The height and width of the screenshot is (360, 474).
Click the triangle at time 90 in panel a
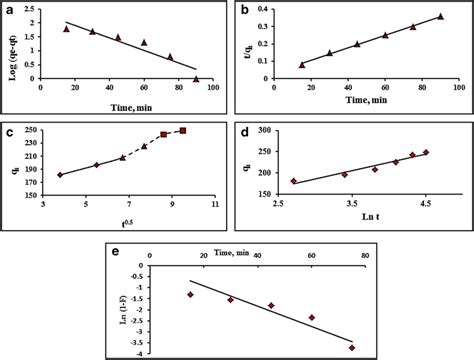click(197, 77)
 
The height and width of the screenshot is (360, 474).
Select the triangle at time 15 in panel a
click(67, 29)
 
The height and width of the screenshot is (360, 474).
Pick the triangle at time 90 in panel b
click(440, 16)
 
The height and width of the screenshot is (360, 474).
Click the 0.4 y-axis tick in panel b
click(275, 9)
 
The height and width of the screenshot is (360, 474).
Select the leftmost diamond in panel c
click(59, 175)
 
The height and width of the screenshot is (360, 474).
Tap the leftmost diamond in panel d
click(293, 181)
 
